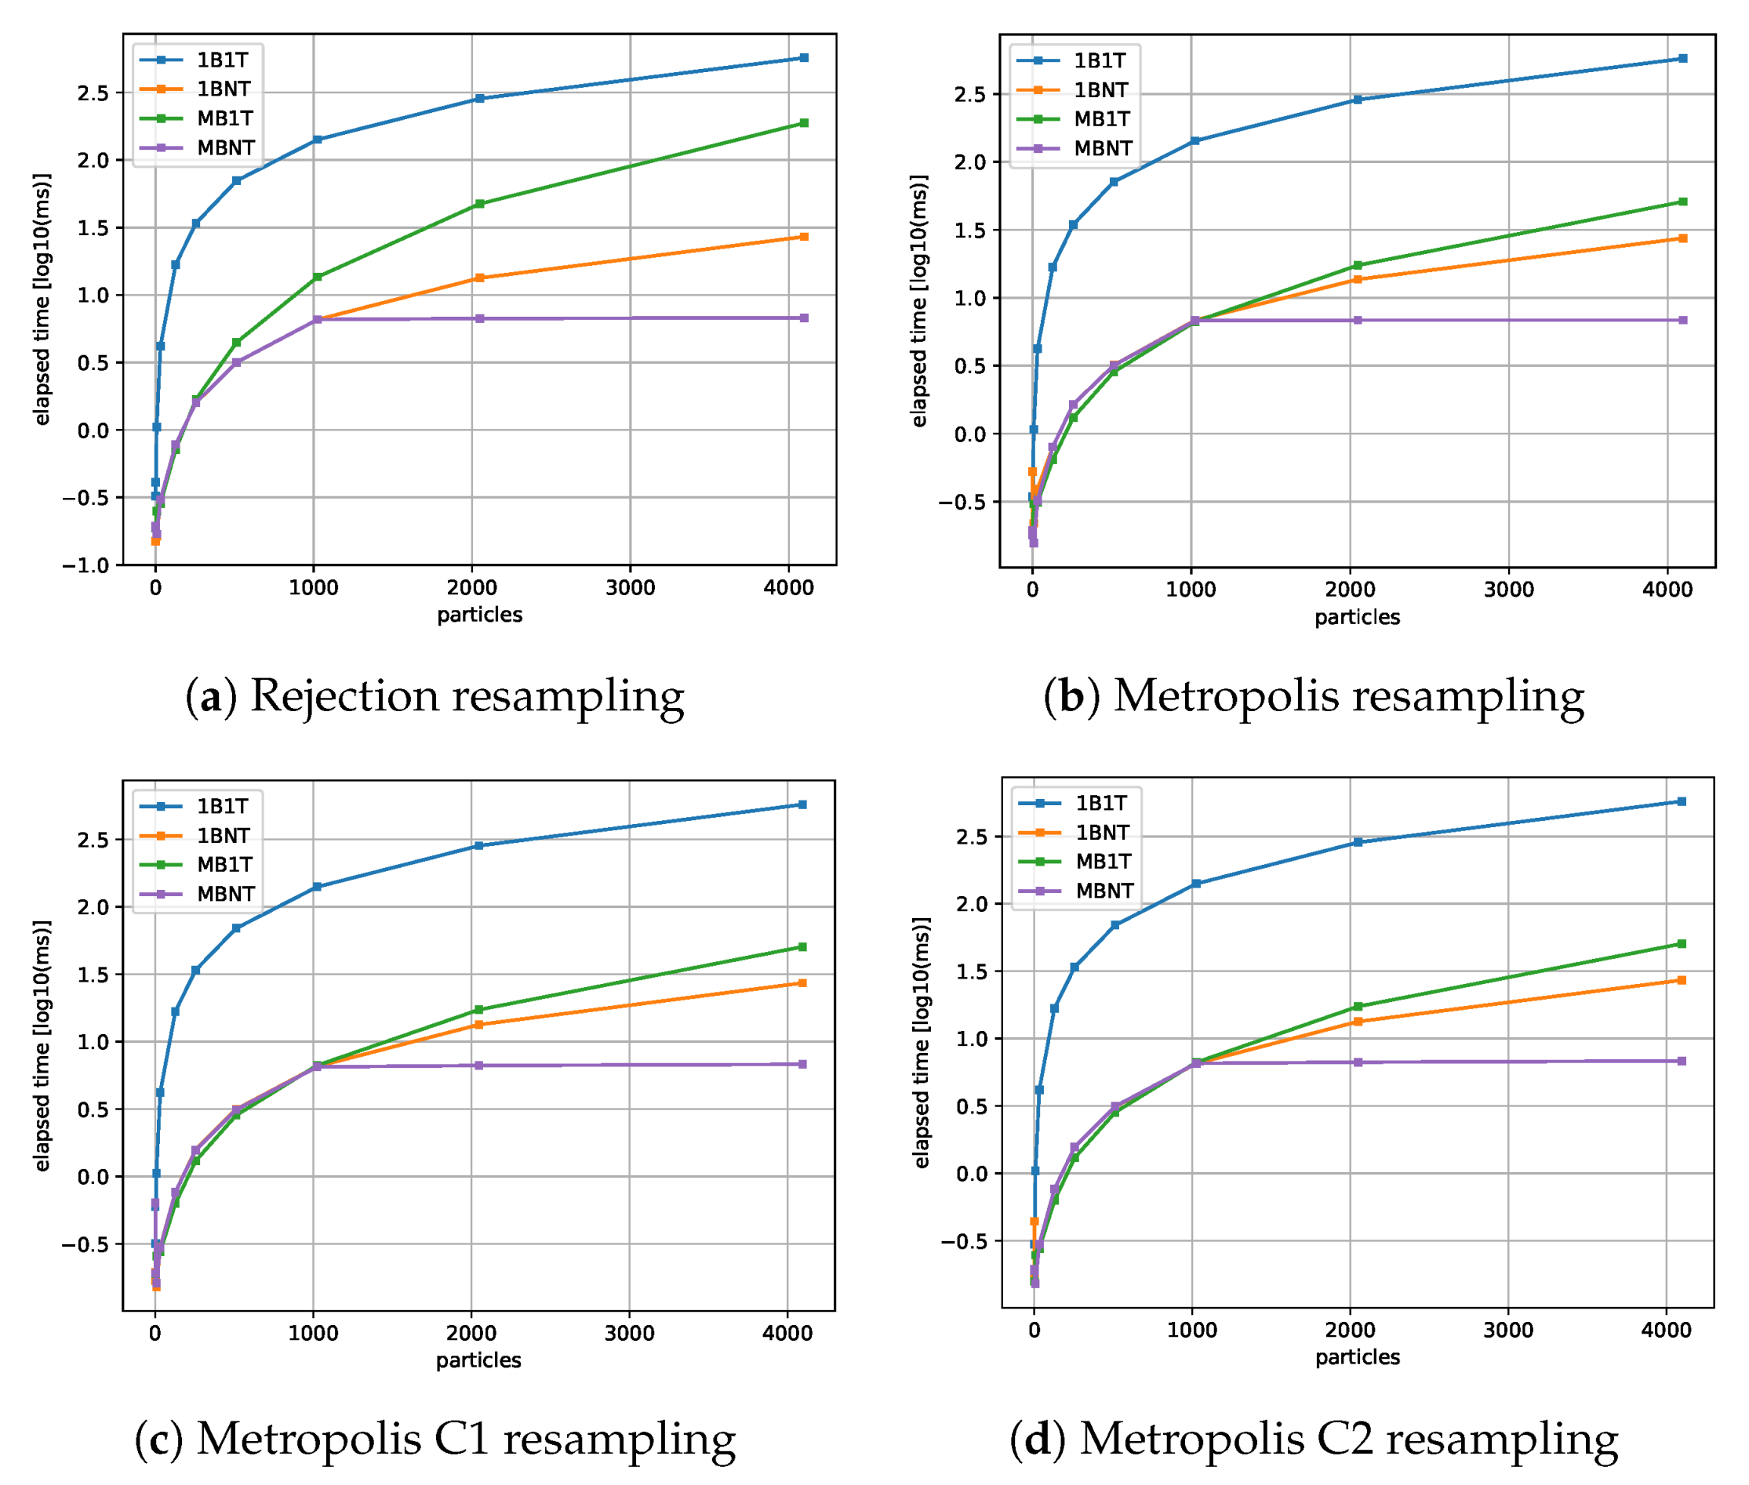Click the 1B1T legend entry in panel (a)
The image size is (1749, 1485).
221,60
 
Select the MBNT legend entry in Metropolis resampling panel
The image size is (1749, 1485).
1102,148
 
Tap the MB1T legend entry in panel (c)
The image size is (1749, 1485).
224,865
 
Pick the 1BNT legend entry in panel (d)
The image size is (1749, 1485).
1102,832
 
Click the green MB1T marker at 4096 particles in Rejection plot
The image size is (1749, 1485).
803,123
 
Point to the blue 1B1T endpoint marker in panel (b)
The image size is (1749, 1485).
1682,58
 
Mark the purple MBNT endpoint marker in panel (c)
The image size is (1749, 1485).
802,1064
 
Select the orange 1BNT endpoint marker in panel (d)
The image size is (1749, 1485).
1682,980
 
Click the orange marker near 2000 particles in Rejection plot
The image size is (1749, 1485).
479,278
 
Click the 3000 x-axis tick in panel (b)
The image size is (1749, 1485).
1508,590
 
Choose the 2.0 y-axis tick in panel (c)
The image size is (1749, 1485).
93,906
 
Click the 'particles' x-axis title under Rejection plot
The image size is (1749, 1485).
479,615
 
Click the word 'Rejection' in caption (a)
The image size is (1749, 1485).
344,697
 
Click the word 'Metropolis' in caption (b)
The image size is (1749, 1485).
1225,697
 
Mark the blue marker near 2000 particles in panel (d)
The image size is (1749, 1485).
1357,842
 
